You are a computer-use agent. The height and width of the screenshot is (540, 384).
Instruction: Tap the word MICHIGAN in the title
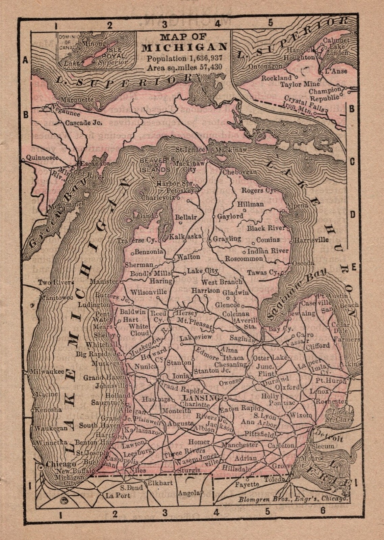(184, 47)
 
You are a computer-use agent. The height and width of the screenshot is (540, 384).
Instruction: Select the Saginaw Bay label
(292, 294)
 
